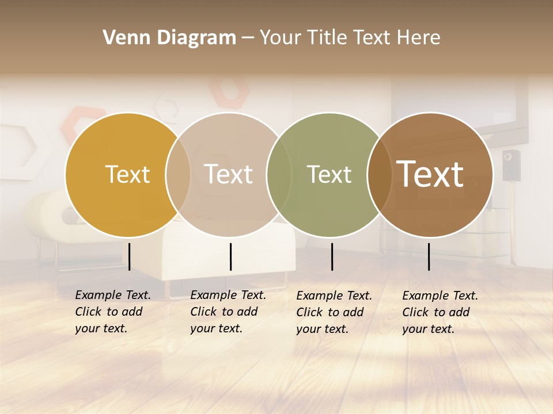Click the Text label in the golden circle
tap(127, 174)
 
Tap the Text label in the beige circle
tap(228, 174)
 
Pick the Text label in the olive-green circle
tap(329, 174)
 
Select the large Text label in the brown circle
tap(430, 174)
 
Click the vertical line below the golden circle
tap(129, 256)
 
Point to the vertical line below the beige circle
tap(230, 256)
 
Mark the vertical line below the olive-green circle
tap(332, 256)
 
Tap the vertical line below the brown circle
tap(429, 256)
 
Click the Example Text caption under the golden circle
tap(112, 312)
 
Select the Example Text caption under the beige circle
tap(228, 312)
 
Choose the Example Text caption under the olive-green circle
tap(334, 312)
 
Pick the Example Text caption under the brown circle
tap(440, 312)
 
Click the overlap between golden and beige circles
tap(178, 174)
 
